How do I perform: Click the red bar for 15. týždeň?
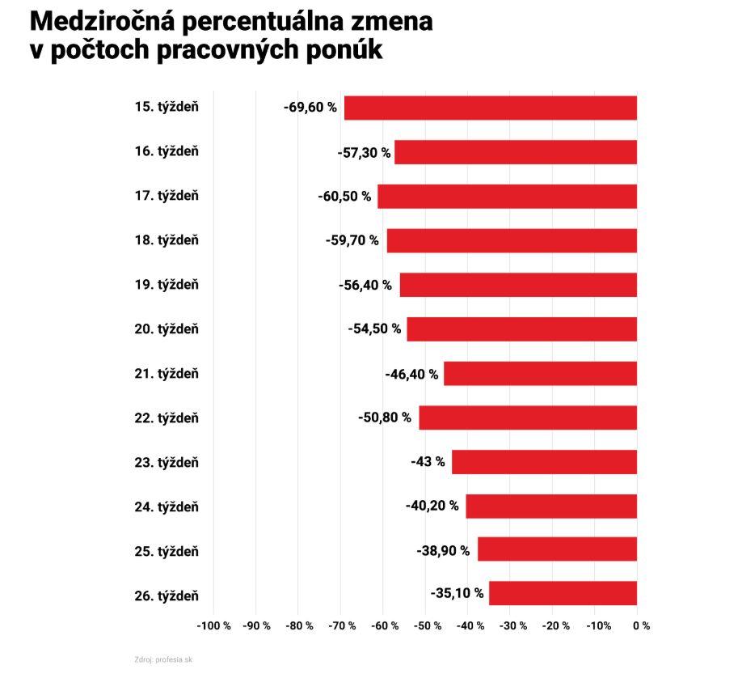coord(491,108)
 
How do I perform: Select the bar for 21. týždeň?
coord(540,374)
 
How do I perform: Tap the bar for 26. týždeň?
coord(563,593)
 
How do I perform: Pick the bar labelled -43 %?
coord(544,462)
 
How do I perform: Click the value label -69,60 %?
coord(310,107)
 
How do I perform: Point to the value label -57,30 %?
coord(364,152)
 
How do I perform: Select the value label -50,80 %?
coord(385,418)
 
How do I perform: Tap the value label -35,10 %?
coord(458,593)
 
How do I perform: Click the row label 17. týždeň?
coord(167,196)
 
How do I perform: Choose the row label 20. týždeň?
coord(167,329)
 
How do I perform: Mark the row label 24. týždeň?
coord(167,507)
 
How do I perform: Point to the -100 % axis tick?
coord(214,625)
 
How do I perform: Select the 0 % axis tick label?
coord(641,625)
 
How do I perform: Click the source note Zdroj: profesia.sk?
coord(163,659)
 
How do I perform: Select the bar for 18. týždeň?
coord(512,240)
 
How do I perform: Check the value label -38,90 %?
coord(443,551)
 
